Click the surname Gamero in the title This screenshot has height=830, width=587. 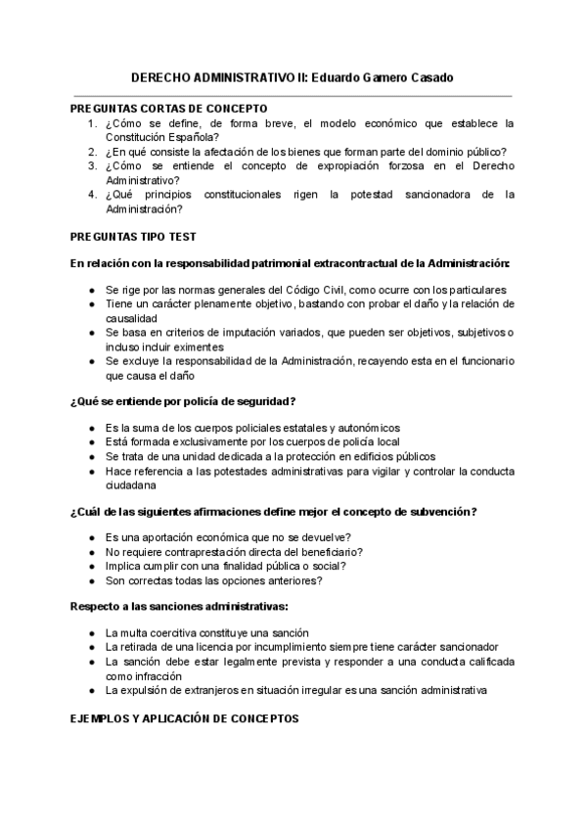pyautogui.click(x=366, y=77)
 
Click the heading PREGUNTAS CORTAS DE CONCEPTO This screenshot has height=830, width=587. pyautogui.click(x=168, y=108)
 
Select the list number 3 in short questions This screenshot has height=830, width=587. pyautogui.click(x=91, y=165)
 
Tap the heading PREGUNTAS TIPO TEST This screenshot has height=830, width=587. pyautogui.click(x=133, y=236)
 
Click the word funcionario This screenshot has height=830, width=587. pyautogui.click(x=479, y=360)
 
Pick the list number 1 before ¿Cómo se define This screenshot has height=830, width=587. pyautogui.click(x=91, y=123)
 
